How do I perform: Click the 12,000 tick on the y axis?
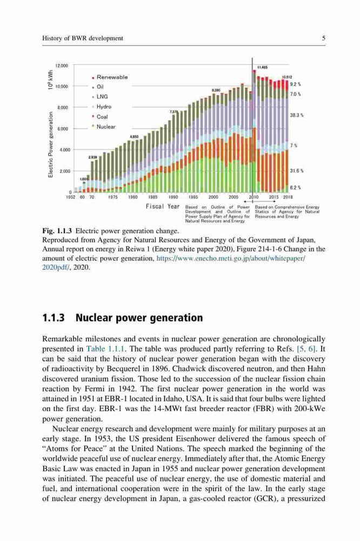pos(62,65)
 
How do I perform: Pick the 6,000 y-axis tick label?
pos(63,129)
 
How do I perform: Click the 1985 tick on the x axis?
pos(152,197)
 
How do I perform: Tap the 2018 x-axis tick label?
pos(288,197)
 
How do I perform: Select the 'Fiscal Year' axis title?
pos(162,206)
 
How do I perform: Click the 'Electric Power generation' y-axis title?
pos(51,144)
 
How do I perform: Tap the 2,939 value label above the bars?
pos(93,157)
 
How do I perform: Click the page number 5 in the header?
pos(324,38)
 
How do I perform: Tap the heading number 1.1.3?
pos(54,318)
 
